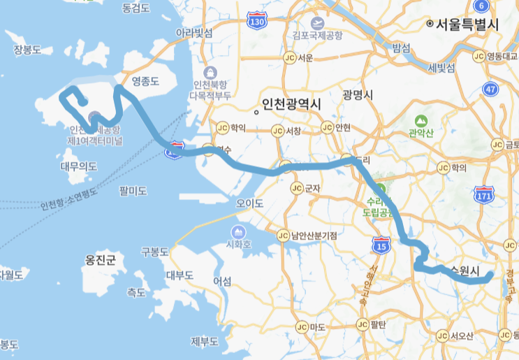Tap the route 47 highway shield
tap(490, 89)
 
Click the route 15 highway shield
tap(381, 245)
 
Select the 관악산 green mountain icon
tap(421, 121)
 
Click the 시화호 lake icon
tap(239, 231)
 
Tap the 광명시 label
tap(358, 95)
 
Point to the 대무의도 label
tap(79, 166)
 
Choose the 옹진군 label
tap(100, 260)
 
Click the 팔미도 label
tap(133, 190)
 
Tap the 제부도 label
tap(205, 341)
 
